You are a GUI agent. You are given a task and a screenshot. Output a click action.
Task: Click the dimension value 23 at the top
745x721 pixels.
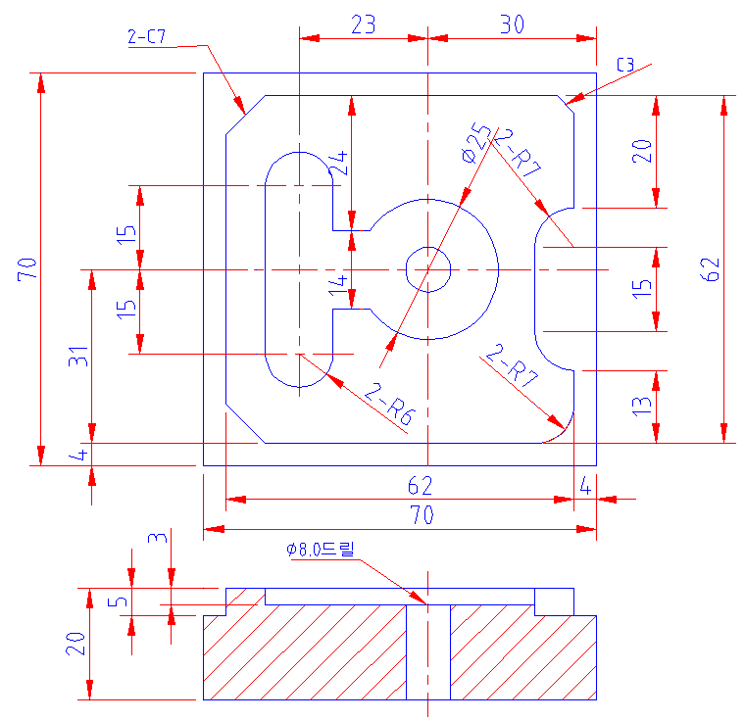[364, 24]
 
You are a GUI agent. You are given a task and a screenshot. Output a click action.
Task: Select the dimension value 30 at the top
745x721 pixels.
[512, 24]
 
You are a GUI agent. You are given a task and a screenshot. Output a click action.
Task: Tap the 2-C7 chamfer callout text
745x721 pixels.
[146, 36]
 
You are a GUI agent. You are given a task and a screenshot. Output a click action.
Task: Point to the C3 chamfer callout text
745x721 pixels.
[625, 65]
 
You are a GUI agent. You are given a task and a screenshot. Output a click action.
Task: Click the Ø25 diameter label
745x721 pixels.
[475, 142]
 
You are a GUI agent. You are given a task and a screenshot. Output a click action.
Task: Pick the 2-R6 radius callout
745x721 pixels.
[389, 404]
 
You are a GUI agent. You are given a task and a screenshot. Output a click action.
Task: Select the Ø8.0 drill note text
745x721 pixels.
[321, 550]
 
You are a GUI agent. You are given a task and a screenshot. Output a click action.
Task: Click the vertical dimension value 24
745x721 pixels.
[339, 164]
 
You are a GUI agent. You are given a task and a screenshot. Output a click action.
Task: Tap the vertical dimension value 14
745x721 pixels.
[338, 285]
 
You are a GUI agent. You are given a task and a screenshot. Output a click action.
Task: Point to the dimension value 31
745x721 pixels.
[78, 357]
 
